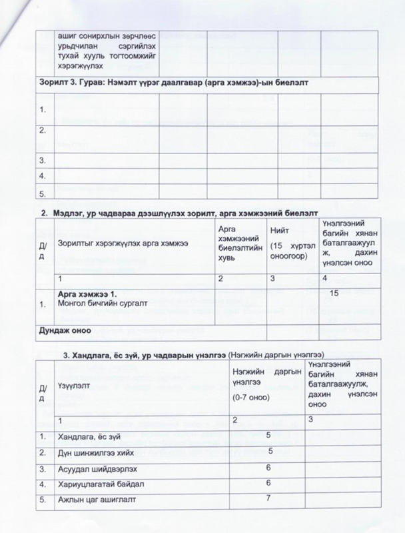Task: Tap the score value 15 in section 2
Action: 334,292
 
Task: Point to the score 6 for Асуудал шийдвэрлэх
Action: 267,466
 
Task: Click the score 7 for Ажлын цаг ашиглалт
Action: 267,498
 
